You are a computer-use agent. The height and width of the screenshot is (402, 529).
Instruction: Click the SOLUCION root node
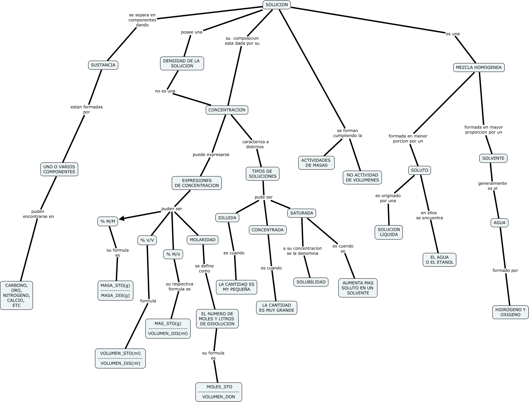pos(276,5)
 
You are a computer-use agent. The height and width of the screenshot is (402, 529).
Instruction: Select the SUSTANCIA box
pos(103,65)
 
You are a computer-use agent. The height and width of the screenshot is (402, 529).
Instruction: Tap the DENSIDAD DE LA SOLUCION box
pos(182,63)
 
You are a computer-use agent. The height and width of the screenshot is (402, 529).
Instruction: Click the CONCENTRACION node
pos(227,110)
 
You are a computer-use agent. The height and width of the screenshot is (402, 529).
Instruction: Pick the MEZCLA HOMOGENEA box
pos(479,68)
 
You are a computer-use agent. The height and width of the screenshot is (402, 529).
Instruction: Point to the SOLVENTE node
pos(493,158)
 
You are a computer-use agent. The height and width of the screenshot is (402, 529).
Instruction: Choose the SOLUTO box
pos(419,170)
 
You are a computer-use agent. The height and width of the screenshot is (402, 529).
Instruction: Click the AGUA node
pos(499,223)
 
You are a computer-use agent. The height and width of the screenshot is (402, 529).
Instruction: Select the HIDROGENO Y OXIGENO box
pos(510,312)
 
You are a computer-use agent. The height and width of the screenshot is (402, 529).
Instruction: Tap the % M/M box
pos(107,221)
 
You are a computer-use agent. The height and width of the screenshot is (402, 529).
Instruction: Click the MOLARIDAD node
pos(202,240)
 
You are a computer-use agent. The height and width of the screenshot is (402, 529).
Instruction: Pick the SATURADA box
pos(301,213)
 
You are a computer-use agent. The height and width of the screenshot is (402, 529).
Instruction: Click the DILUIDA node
pos(227,218)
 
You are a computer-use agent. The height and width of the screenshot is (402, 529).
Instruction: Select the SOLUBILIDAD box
pos(311,282)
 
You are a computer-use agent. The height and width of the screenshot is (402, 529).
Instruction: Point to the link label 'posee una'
pos(191,32)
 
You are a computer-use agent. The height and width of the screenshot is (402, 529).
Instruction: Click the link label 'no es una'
pos(165,91)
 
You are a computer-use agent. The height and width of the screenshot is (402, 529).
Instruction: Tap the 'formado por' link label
pos(505,270)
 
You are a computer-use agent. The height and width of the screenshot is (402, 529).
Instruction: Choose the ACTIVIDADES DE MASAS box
pos(316,163)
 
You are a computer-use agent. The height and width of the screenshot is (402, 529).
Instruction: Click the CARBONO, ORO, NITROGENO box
pos(16,295)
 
